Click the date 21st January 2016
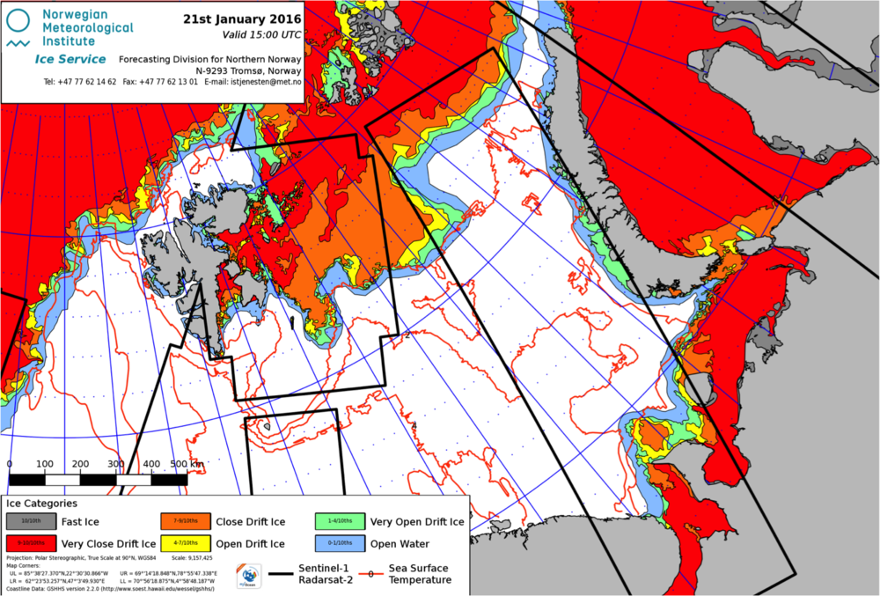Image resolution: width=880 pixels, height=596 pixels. (242, 18)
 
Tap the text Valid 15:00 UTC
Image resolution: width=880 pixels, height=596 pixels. (260, 35)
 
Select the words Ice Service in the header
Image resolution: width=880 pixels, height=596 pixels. (70, 59)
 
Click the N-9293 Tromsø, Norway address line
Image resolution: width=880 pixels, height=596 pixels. (249, 70)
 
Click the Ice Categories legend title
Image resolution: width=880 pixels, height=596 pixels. (41, 504)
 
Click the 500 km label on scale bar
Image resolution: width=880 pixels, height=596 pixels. (184, 464)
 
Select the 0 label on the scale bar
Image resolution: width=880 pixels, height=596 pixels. (10, 464)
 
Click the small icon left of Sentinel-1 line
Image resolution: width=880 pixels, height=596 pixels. (249, 576)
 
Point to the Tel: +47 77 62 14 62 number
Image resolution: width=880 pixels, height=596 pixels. (80, 82)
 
